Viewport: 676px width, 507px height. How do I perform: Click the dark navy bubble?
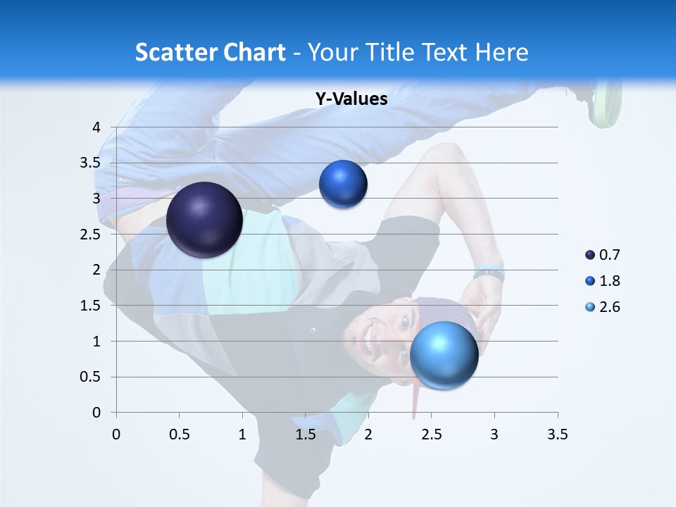(x=204, y=220)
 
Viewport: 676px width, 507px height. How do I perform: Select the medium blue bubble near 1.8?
(x=343, y=184)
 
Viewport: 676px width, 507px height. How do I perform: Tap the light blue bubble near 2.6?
(x=444, y=354)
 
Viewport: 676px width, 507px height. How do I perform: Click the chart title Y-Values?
(x=351, y=99)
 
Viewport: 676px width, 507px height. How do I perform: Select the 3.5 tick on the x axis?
(x=557, y=434)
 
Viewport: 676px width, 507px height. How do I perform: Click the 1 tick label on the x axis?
(x=242, y=434)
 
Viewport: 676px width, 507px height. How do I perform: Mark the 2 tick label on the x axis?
(x=368, y=434)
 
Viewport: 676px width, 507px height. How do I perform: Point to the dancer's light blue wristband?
(x=489, y=270)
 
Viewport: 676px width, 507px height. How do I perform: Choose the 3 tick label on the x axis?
(x=494, y=434)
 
